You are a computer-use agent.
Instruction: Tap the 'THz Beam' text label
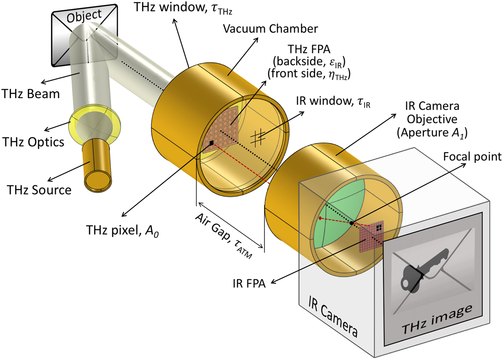[x=30, y=94]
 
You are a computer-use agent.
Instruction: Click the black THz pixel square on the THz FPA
[x=211, y=143]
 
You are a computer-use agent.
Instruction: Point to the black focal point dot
[x=351, y=223]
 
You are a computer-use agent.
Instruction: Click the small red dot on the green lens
[x=320, y=218]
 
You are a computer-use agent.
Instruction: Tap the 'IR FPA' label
[x=255, y=281]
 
